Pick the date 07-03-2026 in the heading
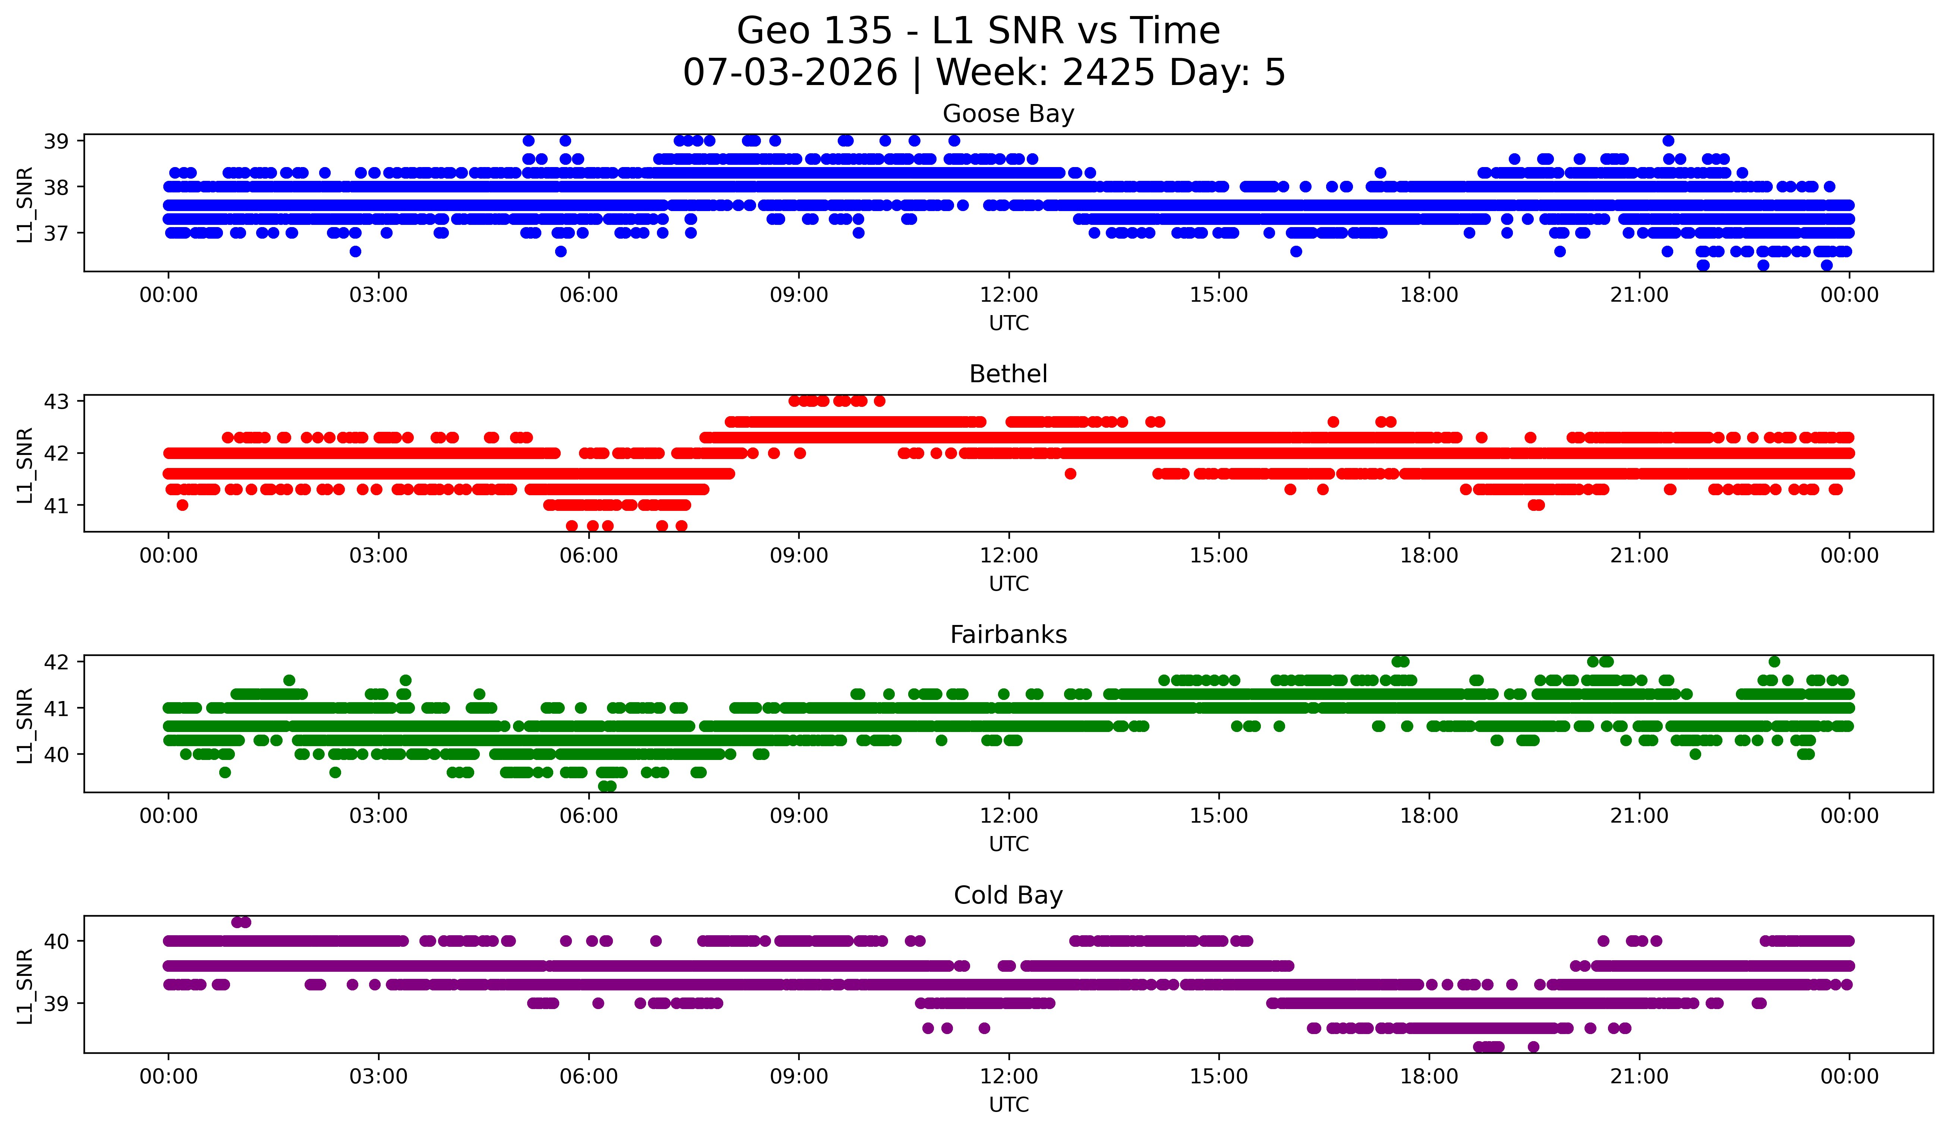790,73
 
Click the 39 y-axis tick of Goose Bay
56,141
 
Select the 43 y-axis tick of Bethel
56,401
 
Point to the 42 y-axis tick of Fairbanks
56,662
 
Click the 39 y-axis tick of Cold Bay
56,1003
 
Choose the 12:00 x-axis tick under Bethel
1009,556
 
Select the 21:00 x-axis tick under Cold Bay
1639,1077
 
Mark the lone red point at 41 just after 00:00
182,505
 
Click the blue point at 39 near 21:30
1668,141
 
